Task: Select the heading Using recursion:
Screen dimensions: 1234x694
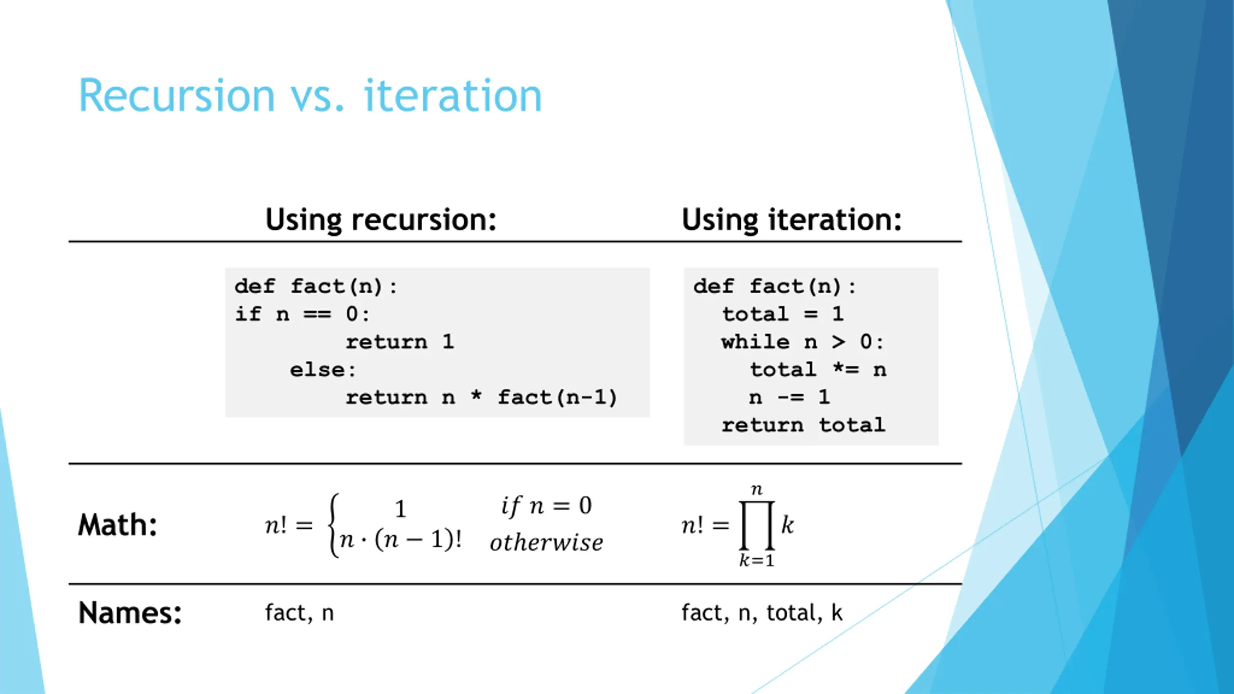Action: tap(381, 220)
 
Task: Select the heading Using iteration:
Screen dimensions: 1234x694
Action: tap(791, 220)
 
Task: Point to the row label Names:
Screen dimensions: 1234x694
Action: tap(130, 613)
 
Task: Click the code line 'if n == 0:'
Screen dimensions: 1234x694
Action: tap(302, 314)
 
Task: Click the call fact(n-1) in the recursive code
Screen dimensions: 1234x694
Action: tap(557, 398)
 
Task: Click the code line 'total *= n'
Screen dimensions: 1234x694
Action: tap(818, 370)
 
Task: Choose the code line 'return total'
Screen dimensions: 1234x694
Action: tap(804, 425)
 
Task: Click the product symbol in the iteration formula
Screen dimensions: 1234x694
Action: tap(757, 525)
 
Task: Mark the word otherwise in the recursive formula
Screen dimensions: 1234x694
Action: tap(547, 543)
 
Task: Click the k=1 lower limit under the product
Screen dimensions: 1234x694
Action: tap(757, 561)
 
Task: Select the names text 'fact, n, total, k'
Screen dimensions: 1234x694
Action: tap(762, 613)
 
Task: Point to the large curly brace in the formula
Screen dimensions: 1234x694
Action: tap(333, 525)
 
